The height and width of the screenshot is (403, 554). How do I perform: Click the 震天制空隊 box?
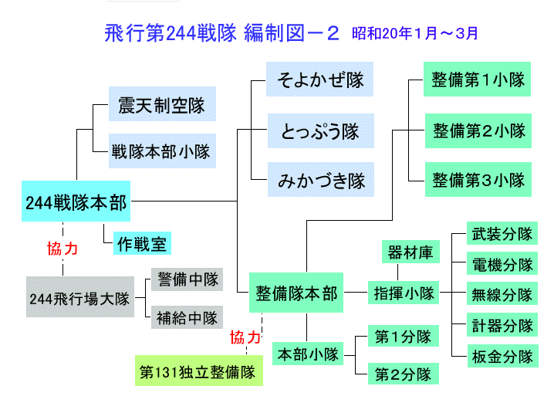(161, 106)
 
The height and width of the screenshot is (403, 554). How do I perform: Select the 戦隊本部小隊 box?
(161, 149)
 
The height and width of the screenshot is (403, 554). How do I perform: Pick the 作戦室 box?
(141, 244)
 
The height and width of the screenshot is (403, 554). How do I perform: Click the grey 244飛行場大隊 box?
(79, 296)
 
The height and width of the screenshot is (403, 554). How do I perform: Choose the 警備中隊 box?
(187, 279)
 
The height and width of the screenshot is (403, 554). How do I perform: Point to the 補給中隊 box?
(187, 316)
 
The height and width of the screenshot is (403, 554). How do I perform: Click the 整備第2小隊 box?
(478, 130)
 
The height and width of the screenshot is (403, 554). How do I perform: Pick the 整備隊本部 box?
(296, 293)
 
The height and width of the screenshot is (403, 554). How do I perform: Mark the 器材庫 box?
(410, 252)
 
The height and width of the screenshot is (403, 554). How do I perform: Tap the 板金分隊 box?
(502, 356)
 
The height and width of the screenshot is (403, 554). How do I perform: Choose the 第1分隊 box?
(403, 337)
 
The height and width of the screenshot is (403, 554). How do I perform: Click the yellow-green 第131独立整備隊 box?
(198, 371)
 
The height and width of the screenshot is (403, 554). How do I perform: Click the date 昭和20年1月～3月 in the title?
(415, 33)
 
